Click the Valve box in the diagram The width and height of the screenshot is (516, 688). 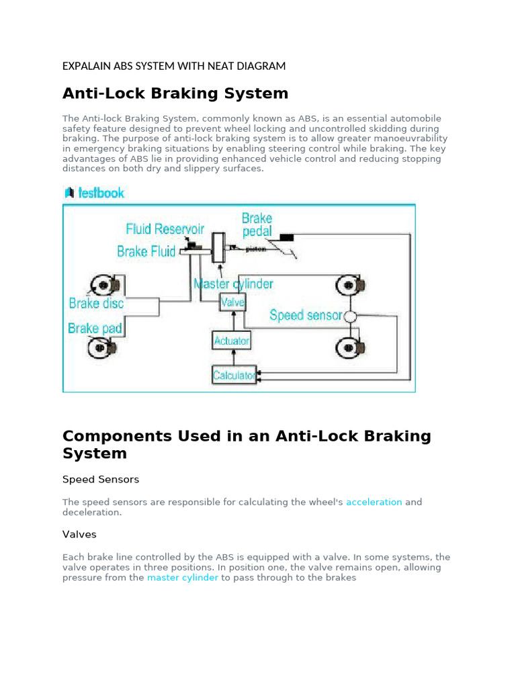coord(232,303)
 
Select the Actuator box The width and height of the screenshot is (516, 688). coord(231,341)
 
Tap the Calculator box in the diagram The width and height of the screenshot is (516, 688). coord(233,376)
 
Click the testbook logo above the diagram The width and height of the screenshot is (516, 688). coord(94,193)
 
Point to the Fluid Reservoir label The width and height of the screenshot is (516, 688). coord(165,230)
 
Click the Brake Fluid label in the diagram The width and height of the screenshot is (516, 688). coord(146,251)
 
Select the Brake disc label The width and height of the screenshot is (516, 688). coord(96,303)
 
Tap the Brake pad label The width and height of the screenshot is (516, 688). coord(94,328)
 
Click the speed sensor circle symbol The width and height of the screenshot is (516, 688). coord(349,316)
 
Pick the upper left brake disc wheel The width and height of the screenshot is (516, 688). coord(104,285)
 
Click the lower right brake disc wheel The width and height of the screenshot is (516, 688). coord(350,347)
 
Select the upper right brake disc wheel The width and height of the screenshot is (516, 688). coord(350,285)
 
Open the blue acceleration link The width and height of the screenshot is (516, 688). coord(374,502)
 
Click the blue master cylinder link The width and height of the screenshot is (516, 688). coord(182,578)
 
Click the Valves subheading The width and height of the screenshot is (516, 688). coord(79,534)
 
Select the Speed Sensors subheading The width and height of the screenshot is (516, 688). coord(101,480)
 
